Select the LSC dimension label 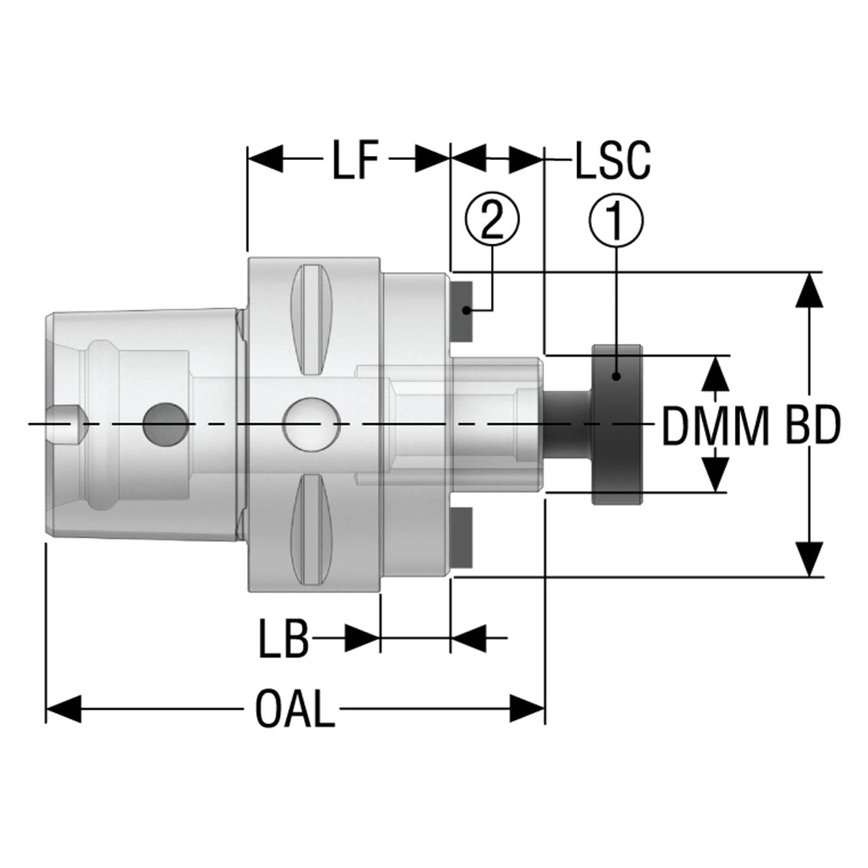click(613, 160)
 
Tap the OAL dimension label click(295, 708)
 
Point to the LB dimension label click(283, 638)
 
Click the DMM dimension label click(715, 426)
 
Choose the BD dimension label click(814, 426)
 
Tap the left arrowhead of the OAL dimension click(64, 709)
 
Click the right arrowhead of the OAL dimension click(527, 709)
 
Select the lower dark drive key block click(462, 538)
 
